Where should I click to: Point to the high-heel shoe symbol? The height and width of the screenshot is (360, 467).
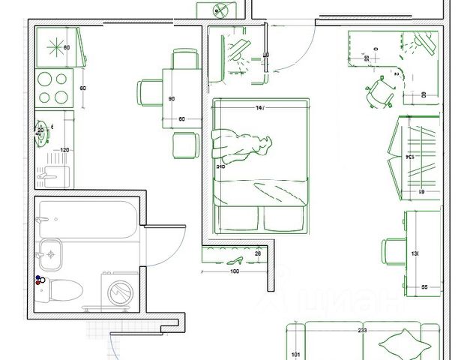[235, 259]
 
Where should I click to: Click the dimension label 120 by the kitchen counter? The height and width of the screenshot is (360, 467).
[64, 150]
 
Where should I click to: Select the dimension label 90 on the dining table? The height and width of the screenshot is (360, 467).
[171, 99]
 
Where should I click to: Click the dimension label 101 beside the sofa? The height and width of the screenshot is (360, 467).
[295, 355]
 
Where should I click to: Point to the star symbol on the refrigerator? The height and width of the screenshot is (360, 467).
[57, 46]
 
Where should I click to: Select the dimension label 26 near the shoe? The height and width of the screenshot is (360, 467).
[257, 253]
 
